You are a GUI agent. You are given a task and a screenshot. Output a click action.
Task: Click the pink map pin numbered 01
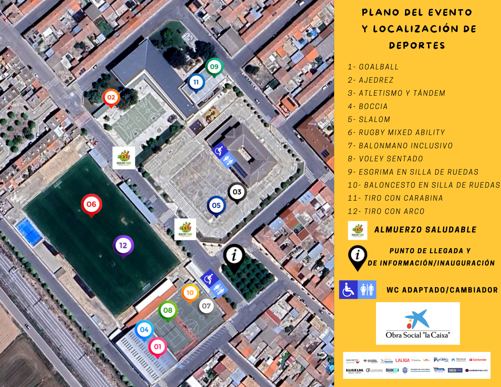coord(157,347)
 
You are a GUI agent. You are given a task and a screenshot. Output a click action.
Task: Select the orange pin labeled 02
coord(111,97)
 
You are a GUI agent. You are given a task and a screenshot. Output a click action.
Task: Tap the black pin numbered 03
coord(237,192)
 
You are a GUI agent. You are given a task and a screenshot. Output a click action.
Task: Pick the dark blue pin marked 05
coord(216,205)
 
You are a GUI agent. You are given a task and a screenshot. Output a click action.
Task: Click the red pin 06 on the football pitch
coord(91,204)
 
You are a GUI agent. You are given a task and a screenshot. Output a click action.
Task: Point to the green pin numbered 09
coord(214,67)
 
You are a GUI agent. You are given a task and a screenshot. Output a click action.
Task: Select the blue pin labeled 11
coord(196,82)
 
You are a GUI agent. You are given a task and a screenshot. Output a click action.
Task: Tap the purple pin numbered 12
coord(123,245)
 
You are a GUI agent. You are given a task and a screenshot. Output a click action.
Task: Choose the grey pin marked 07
coord(206,306)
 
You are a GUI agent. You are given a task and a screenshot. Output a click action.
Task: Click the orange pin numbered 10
coord(190,293)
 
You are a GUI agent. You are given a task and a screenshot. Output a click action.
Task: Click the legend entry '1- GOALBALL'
coord(373,67)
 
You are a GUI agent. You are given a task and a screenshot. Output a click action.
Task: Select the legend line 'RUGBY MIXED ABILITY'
coord(396,133)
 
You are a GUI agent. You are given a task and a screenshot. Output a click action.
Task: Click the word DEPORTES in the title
coord(417,46)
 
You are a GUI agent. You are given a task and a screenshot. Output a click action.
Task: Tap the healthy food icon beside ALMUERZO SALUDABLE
coord(357,230)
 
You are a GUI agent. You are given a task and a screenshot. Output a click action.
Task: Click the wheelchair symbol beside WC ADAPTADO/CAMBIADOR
coord(348,290)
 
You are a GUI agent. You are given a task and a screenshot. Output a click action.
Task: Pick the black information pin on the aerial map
coord(234,256)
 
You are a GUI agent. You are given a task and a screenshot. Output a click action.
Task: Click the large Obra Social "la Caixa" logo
coord(418,323)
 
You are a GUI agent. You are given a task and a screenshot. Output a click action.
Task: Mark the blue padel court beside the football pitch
coord(29,231)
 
